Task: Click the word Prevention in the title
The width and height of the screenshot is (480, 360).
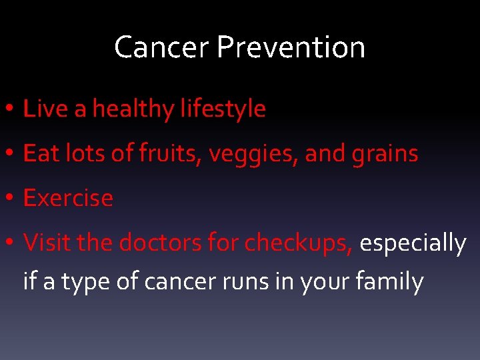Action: tap(291, 48)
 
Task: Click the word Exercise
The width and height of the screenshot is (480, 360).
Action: tap(68, 199)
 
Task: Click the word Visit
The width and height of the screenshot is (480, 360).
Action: tap(47, 243)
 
